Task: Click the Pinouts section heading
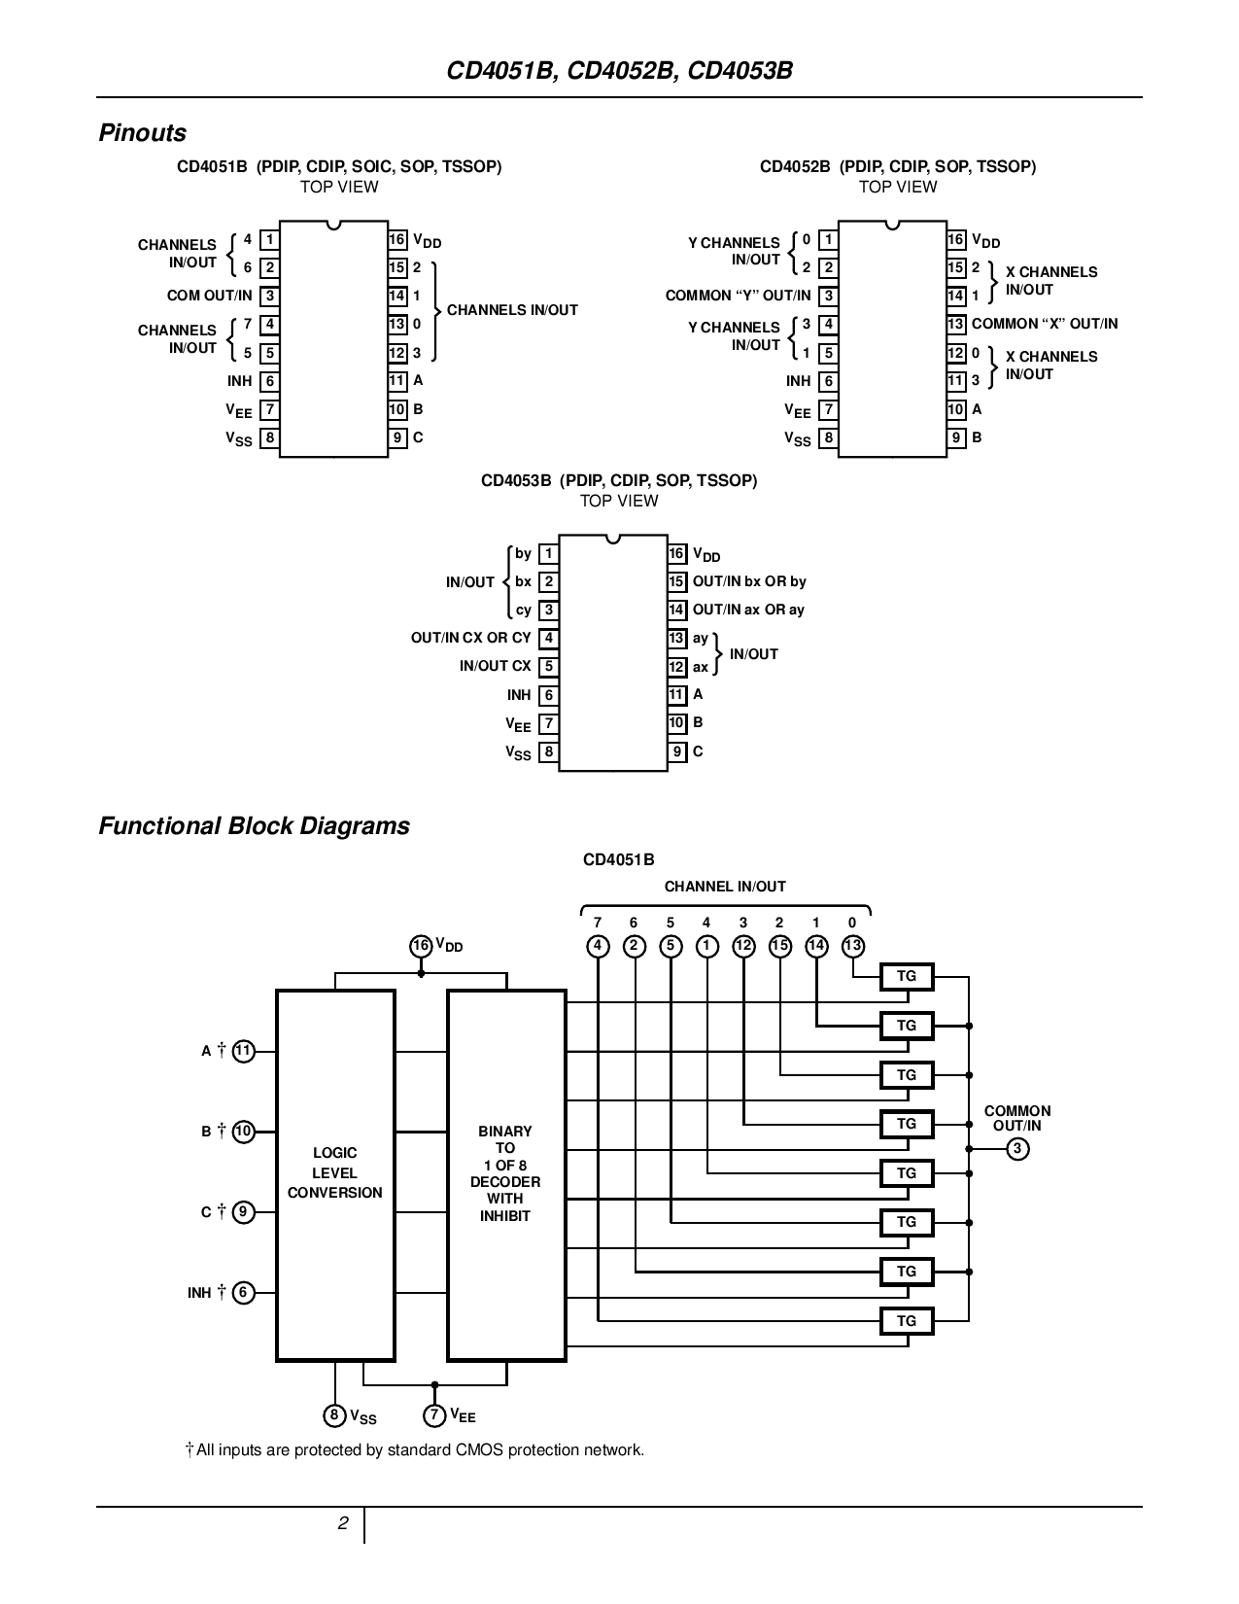tap(142, 133)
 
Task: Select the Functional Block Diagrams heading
tap(254, 826)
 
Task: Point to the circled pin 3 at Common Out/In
tap(1017, 1149)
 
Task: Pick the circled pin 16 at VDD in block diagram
tap(420, 946)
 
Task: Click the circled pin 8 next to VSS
tap(335, 1415)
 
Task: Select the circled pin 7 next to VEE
tap(435, 1415)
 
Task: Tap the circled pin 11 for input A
tap(243, 1051)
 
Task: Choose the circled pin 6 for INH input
tap(243, 1293)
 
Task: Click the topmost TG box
tap(906, 976)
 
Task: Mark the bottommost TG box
tap(906, 1321)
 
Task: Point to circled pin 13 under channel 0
tap(852, 946)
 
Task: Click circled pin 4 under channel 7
tap(598, 946)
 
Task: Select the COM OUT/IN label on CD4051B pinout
tap(209, 296)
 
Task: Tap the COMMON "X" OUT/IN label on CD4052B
tap(1045, 324)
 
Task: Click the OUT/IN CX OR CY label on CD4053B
tap(470, 638)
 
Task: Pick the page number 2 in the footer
tap(343, 1524)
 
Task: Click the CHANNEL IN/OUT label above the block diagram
tap(725, 887)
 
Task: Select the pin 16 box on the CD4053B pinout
tap(677, 554)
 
